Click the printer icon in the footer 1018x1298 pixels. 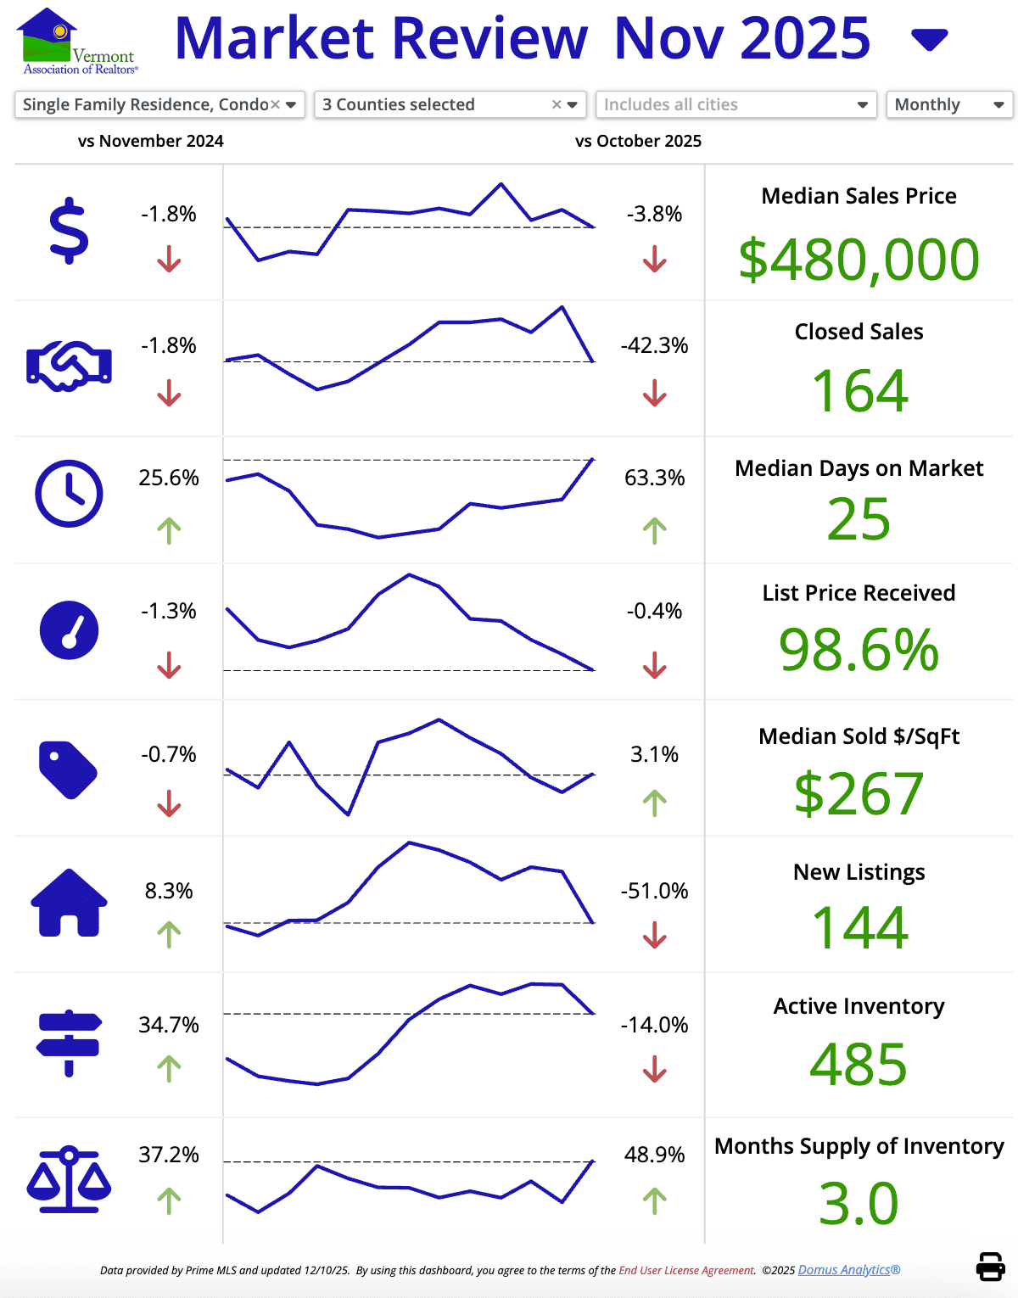coord(990,1266)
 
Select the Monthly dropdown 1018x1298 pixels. coord(948,104)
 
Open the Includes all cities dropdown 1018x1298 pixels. coord(736,104)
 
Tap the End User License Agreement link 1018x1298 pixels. coord(686,1270)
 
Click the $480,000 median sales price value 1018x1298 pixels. coord(859,260)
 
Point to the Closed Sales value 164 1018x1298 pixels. coord(859,391)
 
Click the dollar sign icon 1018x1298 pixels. coord(69,231)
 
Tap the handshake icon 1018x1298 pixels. coord(69,366)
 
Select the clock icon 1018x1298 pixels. coord(69,494)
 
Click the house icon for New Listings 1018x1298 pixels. coord(69,903)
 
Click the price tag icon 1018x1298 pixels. coord(68,769)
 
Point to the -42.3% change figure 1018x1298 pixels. coord(654,345)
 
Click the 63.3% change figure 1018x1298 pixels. coord(654,478)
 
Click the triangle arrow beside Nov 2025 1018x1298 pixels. coord(929,39)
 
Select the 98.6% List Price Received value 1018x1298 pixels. coord(859,650)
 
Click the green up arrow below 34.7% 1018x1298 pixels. coord(169,1068)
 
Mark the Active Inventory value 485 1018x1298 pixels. coord(859,1064)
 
